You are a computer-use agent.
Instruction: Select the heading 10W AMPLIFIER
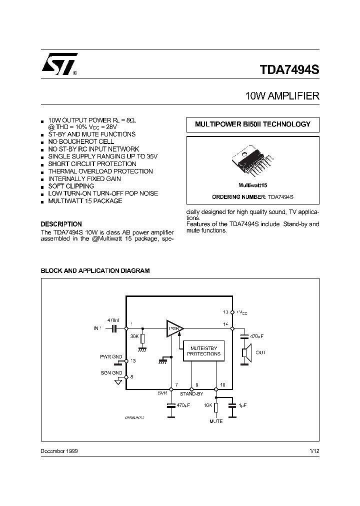(x=282, y=96)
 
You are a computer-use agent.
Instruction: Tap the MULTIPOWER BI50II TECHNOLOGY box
(x=252, y=124)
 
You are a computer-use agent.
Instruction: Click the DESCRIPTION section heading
(x=61, y=224)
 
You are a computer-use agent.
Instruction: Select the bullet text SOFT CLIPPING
(x=71, y=186)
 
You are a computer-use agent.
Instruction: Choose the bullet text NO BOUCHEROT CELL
(x=81, y=141)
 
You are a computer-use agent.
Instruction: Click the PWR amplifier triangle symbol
(x=174, y=328)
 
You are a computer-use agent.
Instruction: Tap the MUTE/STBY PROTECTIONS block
(x=204, y=350)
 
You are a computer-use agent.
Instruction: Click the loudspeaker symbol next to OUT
(x=245, y=353)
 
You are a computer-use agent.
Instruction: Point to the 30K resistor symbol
(x=143, y=339)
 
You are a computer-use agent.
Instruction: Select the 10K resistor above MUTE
(x=216, y=408)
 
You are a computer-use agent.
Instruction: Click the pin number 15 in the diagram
(x=132, y=360)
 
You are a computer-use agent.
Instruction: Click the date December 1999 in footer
(x=58, y=451)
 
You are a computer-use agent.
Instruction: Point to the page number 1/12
(x=314, y=451)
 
